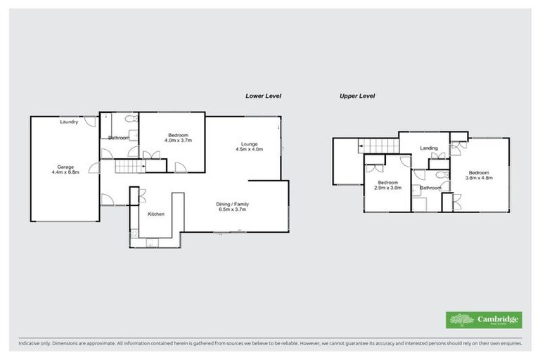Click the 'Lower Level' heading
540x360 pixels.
[x=263, y=96]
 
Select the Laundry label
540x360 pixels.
[x=68, y=122]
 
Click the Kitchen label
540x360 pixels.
[x=155, y=214]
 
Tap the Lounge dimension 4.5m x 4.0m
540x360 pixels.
[x=247, y=149]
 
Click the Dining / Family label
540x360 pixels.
[x=232, y=204]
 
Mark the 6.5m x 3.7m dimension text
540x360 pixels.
[x=232, y=210]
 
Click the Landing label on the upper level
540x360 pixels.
[x=429, y=148]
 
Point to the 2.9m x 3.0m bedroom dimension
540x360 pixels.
[x=387, y=188]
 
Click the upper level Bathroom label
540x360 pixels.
[x=430, y=188]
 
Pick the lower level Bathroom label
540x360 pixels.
[x=118, y=138]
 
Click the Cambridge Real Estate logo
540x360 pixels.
[x=484, y=319]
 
